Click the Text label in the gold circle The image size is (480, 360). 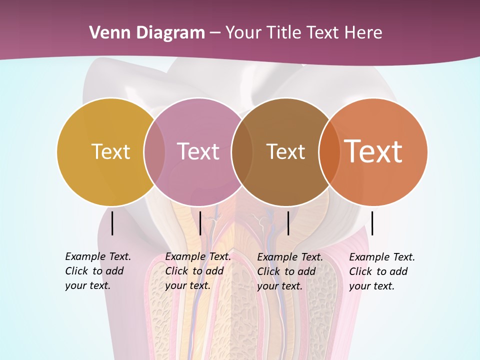coord(110,151)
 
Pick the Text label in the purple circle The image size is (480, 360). coord(198,151)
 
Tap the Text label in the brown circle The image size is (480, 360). coord(285,151)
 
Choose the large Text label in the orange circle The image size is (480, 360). coord(373,151)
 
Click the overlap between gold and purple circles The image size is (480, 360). coord(154,151)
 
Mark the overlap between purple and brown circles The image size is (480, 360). coord(242,151)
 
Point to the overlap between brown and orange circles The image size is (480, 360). coord(329,151)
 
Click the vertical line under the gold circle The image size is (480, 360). coord(112,223)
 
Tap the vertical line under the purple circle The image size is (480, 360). coord(200,223)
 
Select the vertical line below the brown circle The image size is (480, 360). coord(288,223)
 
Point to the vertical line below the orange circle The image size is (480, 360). coord(372,223)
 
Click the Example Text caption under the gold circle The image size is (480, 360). coord(97,271)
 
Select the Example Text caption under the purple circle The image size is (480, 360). coord(197,271)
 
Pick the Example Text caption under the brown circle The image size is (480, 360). coord(289,271)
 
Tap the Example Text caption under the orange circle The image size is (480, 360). coord(381,271)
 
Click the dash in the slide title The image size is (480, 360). coord(215,33)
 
